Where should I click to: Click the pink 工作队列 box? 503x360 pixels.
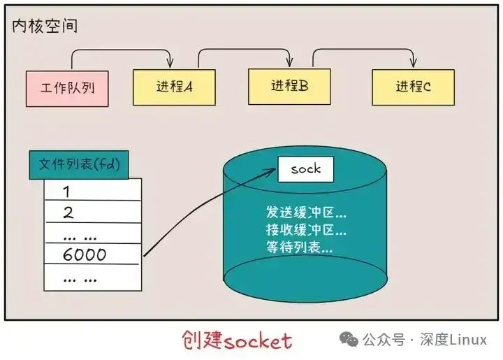point(67,88)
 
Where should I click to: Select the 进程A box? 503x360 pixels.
point(173,87)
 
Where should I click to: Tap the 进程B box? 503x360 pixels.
point(289,86)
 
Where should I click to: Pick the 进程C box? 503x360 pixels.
point(413,87)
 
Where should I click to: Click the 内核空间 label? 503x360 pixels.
point(45,27)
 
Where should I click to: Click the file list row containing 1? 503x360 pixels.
point(92,191)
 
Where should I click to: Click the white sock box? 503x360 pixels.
point(305,169)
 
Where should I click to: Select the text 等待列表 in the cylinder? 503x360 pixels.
point(298,247)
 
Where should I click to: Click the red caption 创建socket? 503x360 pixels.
point(236,340)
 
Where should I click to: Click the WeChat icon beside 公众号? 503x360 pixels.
point(349,340)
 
